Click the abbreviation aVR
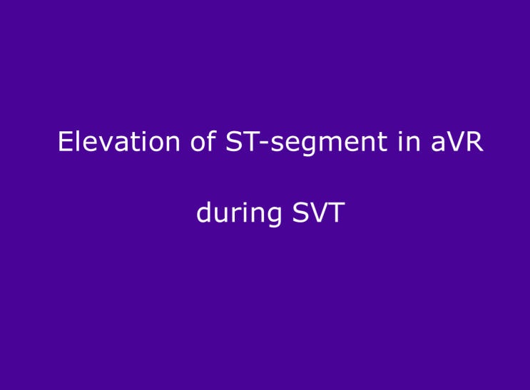coord(457,142)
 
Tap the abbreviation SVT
coord(318,212)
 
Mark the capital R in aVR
coord(474,142)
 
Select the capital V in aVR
coord(456,142)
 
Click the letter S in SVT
coord(300,212)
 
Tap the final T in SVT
coord(337,212)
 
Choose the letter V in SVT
coord(319,212)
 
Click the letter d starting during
coord(204,212)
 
